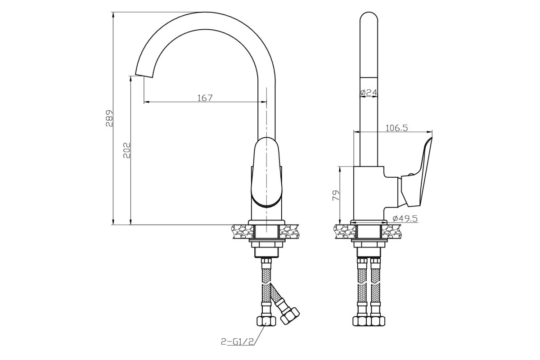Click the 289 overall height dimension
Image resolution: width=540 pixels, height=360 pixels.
pyautogui.click(x=109, y=118)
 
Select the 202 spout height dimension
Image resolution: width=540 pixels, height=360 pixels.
pyautogui.click(x=127, y=150)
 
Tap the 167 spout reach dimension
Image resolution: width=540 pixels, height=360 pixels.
pyautogui.click(x=205, y=98)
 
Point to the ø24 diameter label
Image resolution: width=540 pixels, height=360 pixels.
pyautogui.click(x=369, y=92)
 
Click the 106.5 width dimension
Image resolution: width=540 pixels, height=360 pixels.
pyautogui.click(x=397, y=128)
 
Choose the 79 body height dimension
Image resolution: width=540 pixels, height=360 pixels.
pyautogui.click(x=336, y=195)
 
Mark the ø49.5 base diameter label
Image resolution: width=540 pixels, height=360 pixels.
pyautogui.click(x=405, y=218)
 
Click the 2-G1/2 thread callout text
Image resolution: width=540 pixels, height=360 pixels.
pyautogui.click(x=237, y=342)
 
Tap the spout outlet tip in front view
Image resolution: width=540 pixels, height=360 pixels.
pyautogui.click(x=144, y=75)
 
